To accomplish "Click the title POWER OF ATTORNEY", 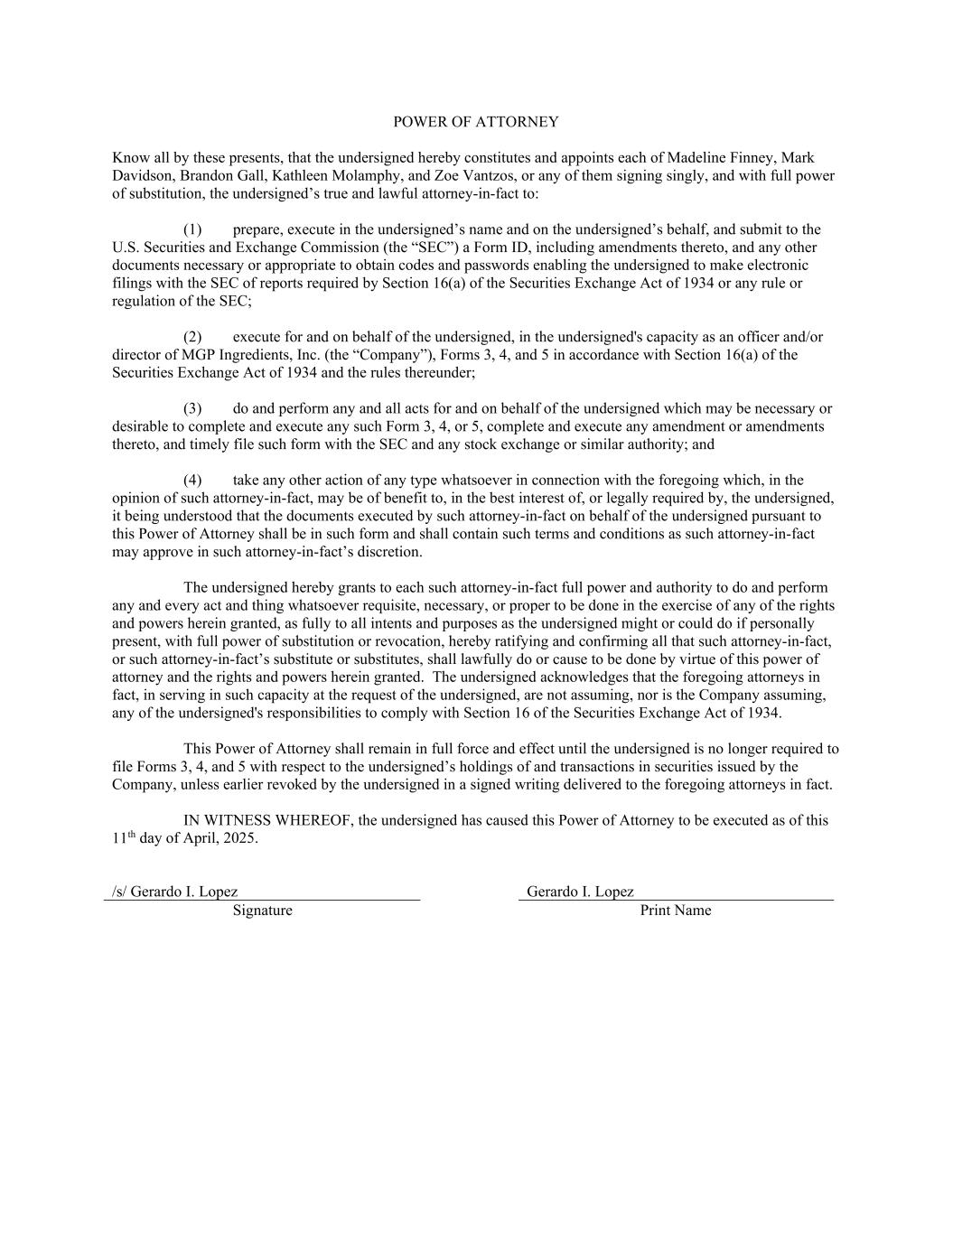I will click(476, 122).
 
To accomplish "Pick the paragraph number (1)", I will click(192, 229).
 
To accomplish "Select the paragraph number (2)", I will click(192, 337).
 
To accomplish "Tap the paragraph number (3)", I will click(192, 408).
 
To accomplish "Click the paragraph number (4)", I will click(192, 480).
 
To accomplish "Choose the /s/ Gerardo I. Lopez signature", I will click(175, 892).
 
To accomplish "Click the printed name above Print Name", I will click(580, 892).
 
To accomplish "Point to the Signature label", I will click(262, 911).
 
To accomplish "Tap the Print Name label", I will click(676, 911).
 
